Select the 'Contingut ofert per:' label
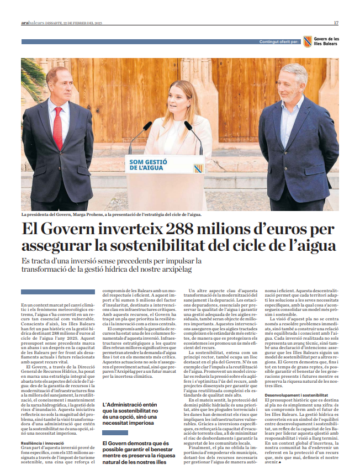(279, 42)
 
